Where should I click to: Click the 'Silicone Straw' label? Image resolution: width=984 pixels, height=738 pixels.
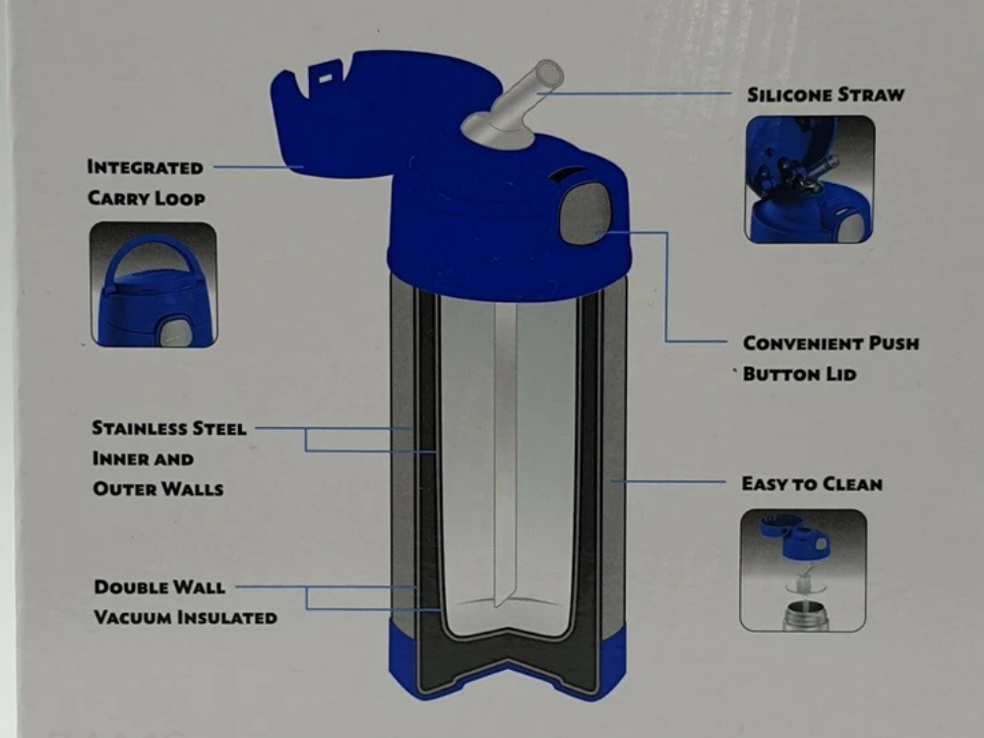826,94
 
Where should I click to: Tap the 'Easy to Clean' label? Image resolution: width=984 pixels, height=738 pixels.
812,484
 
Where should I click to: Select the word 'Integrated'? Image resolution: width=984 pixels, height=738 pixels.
145,167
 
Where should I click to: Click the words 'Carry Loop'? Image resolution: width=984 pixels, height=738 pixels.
147,199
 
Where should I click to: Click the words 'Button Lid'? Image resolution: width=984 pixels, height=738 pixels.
799,374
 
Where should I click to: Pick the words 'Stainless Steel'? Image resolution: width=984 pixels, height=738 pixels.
169,428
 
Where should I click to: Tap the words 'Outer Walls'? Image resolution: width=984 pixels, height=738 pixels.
158,489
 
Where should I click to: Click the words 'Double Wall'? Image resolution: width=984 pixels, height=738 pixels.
159,587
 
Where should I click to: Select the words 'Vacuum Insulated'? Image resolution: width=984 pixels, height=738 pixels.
185,618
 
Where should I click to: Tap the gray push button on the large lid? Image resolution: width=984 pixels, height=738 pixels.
584,213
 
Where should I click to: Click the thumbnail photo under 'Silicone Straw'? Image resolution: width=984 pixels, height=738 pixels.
810,179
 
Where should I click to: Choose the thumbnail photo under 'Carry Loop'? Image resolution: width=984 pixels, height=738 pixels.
154,284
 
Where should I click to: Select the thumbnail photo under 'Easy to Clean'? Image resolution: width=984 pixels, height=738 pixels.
803,571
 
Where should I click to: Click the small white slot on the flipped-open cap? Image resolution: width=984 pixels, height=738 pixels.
325,79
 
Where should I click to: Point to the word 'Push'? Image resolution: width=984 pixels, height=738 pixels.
893,343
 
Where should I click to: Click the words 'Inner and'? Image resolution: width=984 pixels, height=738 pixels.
143,459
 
